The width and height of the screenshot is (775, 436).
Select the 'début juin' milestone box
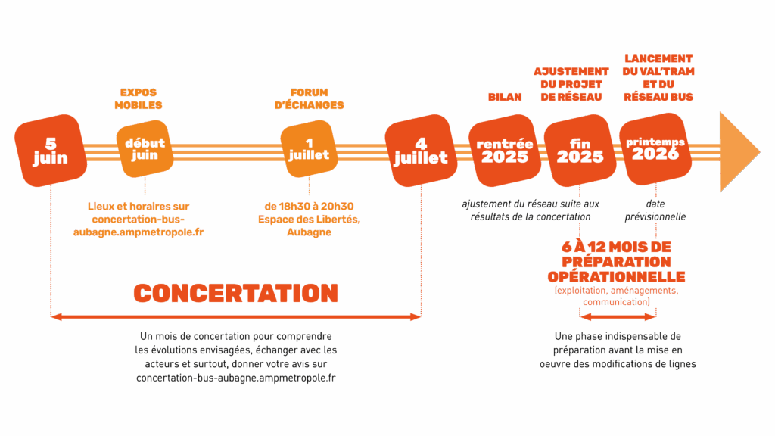pos(144,149)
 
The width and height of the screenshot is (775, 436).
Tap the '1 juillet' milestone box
pos(308,148)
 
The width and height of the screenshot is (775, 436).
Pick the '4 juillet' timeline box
pos(419,151)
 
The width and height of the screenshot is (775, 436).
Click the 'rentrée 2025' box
pos(505,151)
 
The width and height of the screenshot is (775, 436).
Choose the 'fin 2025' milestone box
pos(580,150)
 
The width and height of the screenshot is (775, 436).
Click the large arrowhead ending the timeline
pos(737,151)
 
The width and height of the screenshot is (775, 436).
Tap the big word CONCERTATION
pos(235,294)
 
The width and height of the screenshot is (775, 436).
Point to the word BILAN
pos(504,97)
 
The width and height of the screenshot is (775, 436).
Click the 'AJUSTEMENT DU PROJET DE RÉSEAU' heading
pos(571,84)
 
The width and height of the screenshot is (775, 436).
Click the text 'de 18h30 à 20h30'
pos(310,206)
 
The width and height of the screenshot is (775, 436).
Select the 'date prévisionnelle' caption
pos(655,210)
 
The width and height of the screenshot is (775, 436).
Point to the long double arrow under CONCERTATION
pos(235,317)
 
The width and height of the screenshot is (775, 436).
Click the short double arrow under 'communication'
pos(617,311)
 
